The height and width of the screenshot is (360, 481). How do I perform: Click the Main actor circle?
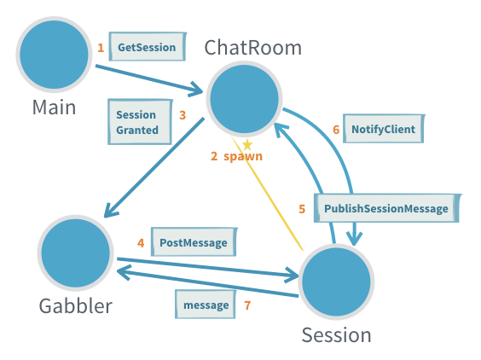[53, 54]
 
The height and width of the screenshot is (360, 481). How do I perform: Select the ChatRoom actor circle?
[246, 100]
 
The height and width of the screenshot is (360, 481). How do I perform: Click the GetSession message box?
[147, 48]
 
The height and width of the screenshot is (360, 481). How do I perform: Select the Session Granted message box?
[137, 123]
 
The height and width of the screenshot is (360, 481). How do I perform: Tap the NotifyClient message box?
[382, 130]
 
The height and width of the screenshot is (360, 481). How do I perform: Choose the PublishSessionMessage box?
[385, 208]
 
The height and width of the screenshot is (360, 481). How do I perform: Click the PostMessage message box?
[193, 242]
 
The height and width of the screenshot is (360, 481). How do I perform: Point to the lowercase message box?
[206, 305]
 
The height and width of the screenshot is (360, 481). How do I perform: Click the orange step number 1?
[101, 48]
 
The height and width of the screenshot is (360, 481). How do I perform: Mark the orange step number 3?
[183, 114]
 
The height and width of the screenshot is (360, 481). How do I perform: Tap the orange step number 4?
[141, 242]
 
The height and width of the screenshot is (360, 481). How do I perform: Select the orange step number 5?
[302, 208]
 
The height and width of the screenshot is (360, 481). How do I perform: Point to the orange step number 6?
[336, 130]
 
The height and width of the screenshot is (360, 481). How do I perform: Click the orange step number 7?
[247, 305]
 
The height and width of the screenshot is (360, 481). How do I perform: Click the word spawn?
[243, 156]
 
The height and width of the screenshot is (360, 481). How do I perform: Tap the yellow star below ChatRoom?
[247, 144]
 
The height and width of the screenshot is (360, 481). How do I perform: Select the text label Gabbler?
[75, 305]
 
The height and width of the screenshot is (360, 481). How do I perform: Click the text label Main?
[54, 107]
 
